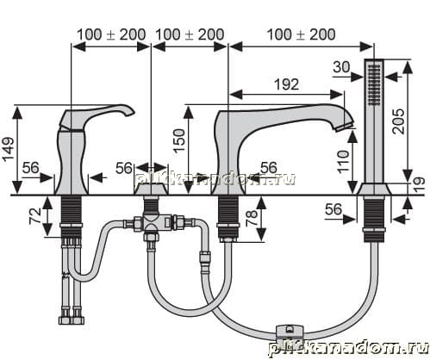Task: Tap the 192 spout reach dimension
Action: coord(287,84)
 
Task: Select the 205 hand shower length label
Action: coord(398,121)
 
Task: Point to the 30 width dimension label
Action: coord(341,67)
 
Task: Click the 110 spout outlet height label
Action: coord(343,161)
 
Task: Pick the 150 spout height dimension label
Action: coord(179,141)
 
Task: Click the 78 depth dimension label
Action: coord(252,219)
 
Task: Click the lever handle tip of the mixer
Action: coord(131,112)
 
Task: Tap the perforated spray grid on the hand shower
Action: coord(374,84)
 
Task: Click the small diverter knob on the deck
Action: coord(152,189)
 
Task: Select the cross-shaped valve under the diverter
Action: coord(152,222)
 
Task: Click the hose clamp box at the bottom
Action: coord(290,332)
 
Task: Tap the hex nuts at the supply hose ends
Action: coord(72,320)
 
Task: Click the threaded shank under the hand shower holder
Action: coord(374,219)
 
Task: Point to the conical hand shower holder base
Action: coord(374,189)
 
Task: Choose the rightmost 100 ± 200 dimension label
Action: coord(301,34)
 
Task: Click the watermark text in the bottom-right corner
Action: coord(348,347)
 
